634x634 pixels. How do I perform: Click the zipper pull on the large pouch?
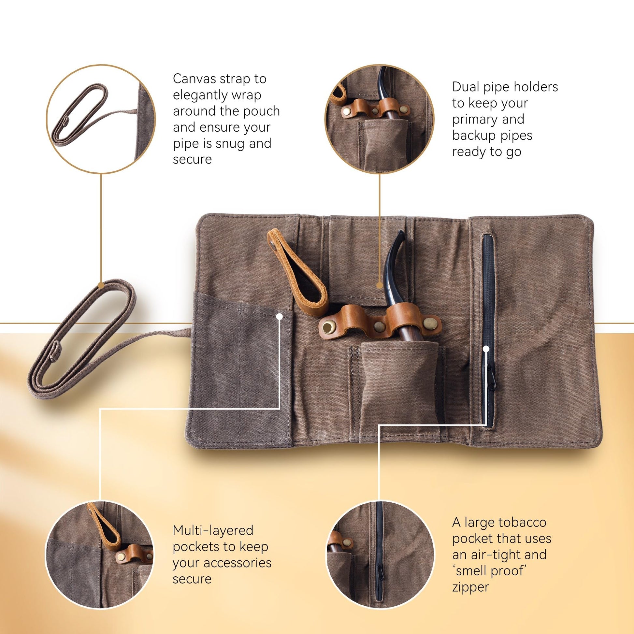click(491, 380)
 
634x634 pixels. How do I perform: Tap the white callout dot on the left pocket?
click(280, 316)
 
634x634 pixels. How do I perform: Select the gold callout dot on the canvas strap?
click(101, 285)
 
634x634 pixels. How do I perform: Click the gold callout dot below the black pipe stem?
click(380, 285)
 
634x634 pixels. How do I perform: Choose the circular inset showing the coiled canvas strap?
click(101, 119)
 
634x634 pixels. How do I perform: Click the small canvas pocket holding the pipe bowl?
click(399, 391)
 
